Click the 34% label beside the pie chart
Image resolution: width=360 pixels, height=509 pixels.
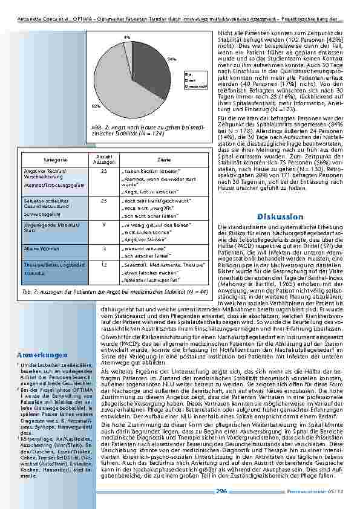(x=172, y=59)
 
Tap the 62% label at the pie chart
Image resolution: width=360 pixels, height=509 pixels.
(x=96, y=106)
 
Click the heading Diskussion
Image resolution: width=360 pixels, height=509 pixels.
(x=280, y=216)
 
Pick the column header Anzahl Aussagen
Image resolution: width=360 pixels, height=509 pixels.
(x=103, y=160)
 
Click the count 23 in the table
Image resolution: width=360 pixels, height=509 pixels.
(x=103, y=172)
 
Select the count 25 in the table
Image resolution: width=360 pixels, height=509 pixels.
(x=103, y=199)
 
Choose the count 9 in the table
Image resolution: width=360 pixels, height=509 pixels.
(x=103, y=224)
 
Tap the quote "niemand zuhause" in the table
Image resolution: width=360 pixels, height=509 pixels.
(x=142, y=248)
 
